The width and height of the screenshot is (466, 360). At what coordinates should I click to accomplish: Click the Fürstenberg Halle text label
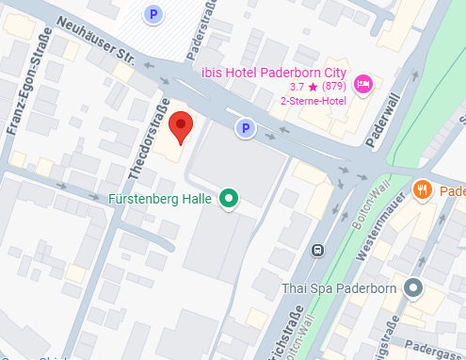tap(161, 199)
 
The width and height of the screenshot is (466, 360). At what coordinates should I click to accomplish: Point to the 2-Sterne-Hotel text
tap(313, 102)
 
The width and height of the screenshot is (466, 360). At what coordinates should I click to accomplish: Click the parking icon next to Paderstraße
tap(153, 13)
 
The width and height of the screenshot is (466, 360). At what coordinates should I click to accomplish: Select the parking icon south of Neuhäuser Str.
tap(245, 128)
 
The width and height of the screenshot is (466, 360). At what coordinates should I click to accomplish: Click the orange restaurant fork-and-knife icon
tap(423, 188)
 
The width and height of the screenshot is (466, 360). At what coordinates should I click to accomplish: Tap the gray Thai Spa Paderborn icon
tap(411, 287)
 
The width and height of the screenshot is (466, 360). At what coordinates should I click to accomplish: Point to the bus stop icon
tap(318, 250)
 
